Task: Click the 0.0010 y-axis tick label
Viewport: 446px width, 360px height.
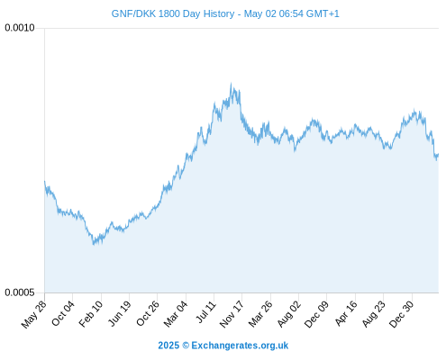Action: [20, 28]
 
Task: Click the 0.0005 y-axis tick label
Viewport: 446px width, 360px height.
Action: [20, 292]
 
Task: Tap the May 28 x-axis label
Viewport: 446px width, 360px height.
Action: [34, 314]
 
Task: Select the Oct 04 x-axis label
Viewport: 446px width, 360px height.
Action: [63, 313]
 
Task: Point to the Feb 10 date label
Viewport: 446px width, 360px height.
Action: [91, 313]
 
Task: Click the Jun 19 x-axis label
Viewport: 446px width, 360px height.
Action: [119, 313]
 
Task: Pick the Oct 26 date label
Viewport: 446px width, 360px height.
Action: [148, 313]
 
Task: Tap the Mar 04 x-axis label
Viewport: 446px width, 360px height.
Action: [176, 313]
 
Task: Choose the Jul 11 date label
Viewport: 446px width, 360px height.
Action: [205, 311]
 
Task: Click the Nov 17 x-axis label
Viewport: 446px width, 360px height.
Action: [232, 314]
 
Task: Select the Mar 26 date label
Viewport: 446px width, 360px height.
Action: [260, 313]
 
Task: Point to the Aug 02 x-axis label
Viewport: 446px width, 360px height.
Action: [288, 314]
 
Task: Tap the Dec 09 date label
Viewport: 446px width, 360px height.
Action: [316, 314]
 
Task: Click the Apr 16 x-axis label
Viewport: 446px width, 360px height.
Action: [346, 313]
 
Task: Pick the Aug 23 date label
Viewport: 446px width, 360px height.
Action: [373, 314]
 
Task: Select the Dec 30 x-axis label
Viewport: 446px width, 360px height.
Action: [402, 314]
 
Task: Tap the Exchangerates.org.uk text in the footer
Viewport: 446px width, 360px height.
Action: [240, 346]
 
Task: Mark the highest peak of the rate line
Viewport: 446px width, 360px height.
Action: [231, 84]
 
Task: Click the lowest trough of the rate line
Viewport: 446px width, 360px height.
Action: [94, 245]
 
